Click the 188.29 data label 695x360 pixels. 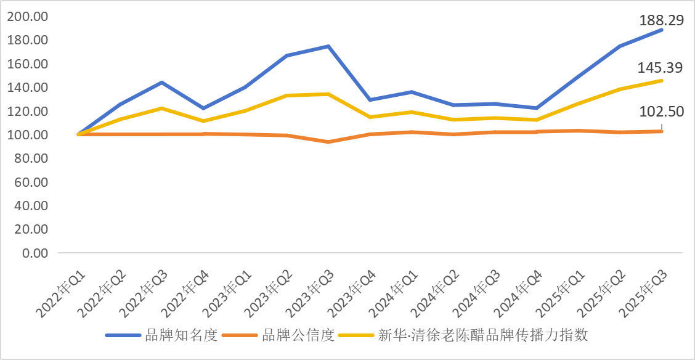coord(659,21)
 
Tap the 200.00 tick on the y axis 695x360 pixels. coord(28,17)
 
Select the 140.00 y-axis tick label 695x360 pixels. coord(28,88)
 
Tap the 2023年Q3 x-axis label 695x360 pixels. coord(312,284)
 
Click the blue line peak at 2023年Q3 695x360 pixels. coord(328,46)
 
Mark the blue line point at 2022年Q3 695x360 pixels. coord(161,82)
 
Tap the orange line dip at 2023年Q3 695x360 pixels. coord(328,142)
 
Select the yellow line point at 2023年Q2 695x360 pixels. coord(287,95)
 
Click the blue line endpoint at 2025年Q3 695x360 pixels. coord(662,30)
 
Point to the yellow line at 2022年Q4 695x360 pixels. coord(203,121)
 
